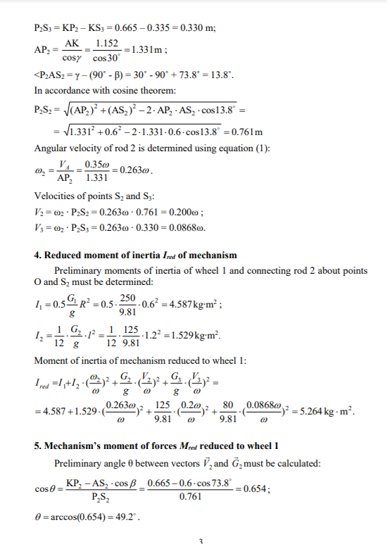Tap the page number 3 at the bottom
coord(201,540)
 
